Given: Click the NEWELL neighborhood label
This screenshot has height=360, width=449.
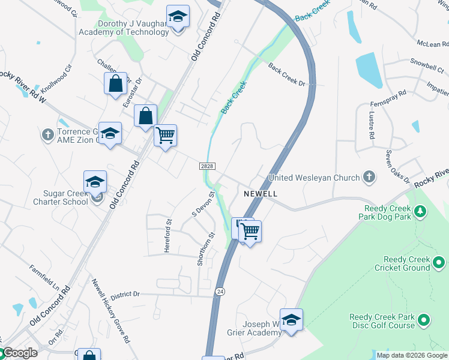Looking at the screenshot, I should pos(261,194).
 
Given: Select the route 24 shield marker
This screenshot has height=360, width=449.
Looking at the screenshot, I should pos(220,291).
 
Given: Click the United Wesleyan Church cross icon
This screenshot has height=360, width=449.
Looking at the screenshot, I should pos(369,177).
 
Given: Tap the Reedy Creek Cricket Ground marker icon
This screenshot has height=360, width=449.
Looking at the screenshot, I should pos(439,262).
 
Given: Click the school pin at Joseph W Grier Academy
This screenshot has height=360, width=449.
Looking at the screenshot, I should pos(291,319).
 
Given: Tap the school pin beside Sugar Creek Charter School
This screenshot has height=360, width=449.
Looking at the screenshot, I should pos(95,182).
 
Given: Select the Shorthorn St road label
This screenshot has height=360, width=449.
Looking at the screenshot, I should pos(205,249).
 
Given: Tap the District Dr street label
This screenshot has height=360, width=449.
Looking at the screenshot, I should pos(124,295).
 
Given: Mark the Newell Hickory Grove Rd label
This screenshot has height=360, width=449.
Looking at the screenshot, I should pos(110,311).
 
